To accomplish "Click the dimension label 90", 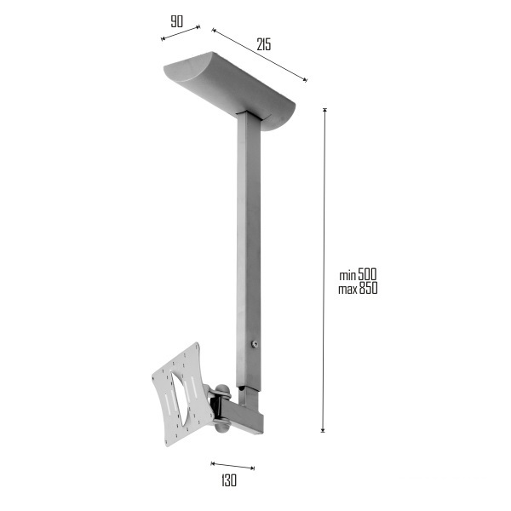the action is pyautogui.click(x=176, y=21).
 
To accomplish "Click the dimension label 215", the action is pyautogui.click(x=264, y=44).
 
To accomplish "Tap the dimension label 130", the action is pyautogui.click(x=229, y=480).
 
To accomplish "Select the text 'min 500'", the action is pyautogui.click(x=358, y=274).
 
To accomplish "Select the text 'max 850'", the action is pyautogui.click(x=358, y=289).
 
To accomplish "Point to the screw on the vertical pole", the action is pyautogui.click(x=255, y=344).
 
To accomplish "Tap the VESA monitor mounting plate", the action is pyautogui.click(x=182, y=394).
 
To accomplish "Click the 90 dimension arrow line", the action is pyautogui.click(x=181, y=33).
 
